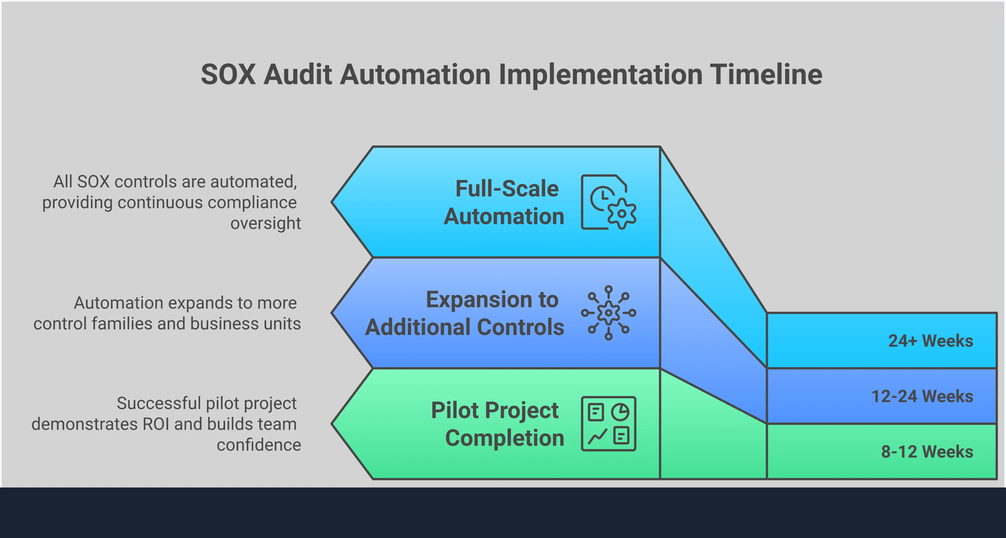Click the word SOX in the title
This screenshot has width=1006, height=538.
(228, 74)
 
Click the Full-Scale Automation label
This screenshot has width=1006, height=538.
(504, 202)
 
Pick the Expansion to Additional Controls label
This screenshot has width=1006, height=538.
(465, 313)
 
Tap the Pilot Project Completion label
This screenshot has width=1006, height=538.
(498, 424)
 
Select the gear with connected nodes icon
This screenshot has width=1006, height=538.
(608, 313)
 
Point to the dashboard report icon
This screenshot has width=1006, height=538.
(608, 424)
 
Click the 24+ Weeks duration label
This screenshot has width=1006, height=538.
(930, 341)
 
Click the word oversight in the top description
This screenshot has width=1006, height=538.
(266, 223)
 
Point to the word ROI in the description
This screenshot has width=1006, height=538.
(156, 424)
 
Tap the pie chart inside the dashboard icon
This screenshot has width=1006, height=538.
(620, 412)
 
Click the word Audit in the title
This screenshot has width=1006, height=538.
(298, 74)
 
